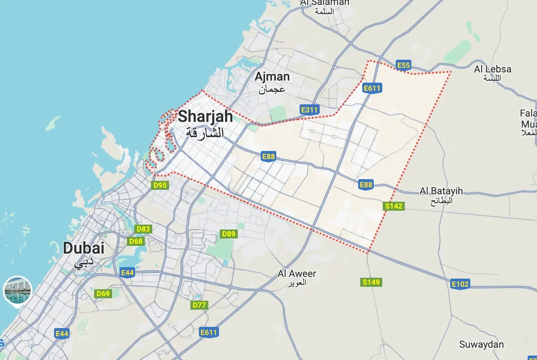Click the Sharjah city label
205,117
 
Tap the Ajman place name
272,77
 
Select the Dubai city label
83,248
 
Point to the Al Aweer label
297,274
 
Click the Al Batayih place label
441,191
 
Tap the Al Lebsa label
493,69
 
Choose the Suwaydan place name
481,344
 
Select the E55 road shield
404,65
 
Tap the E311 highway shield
309,110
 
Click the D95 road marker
160,185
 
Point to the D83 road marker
143,229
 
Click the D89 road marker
229,234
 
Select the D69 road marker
103,293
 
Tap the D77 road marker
199,305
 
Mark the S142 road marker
394,206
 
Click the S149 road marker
371,282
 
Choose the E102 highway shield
460,284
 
